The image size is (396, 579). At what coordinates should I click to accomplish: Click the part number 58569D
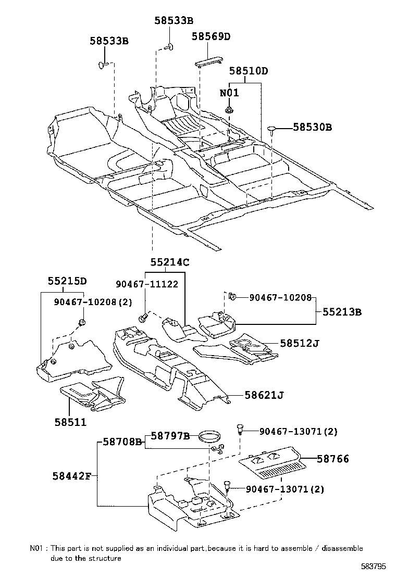coord(211,36)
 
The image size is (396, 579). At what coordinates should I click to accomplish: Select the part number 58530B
coord(312,127)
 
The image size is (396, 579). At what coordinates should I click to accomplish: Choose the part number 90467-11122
coord(147,284)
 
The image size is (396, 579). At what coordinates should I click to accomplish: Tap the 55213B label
coord(342,312)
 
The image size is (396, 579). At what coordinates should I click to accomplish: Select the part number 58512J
coord(300,343)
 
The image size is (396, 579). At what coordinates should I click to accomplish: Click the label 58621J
coord(264,395)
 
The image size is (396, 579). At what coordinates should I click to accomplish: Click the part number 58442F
coord(72,475)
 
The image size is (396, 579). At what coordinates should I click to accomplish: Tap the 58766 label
coord(332,459)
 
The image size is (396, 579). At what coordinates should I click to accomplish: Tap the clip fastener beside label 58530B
coord(273,129)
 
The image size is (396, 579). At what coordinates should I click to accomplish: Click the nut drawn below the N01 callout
coord(229,109)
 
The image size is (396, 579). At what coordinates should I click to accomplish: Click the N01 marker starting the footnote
coord(38,548)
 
